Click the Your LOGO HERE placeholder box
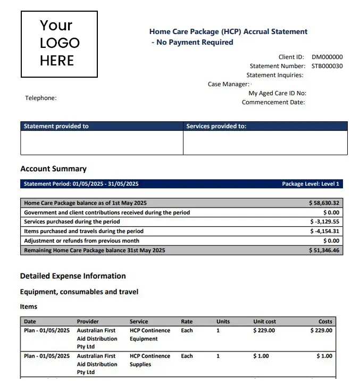(x=59, y=44)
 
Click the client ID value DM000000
(x=327, y=57)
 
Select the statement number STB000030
(x=327, y=66)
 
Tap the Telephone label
(x=40, y=98)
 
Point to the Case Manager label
(x=228, y=84)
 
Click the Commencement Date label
(x=273, y=102)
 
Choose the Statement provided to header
(x=56, y=126)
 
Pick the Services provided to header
(x=216, y=126)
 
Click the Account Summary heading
(x=53, y=169)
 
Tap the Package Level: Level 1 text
(x=311, y=184)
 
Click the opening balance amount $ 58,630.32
(x=324, y=203)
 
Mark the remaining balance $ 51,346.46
(x=324, y=250)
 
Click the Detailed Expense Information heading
(x=73, y=276)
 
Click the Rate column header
(x=187, y=321)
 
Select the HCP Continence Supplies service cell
(x=150, y=360)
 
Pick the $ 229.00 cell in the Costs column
(x=321, y=330)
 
